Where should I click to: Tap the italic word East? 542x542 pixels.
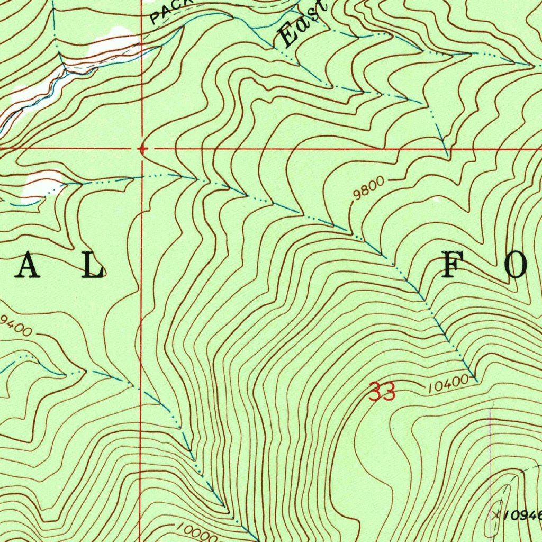[303, 25]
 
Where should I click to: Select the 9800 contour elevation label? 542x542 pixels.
[367, 189]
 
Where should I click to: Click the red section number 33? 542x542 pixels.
[382, 393]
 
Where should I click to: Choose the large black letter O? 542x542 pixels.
[517, 266]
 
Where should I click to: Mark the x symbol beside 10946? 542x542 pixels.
[496, 513]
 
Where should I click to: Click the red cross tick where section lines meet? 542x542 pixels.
[142, 149]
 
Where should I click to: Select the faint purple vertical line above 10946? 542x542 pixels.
[490, 445]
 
